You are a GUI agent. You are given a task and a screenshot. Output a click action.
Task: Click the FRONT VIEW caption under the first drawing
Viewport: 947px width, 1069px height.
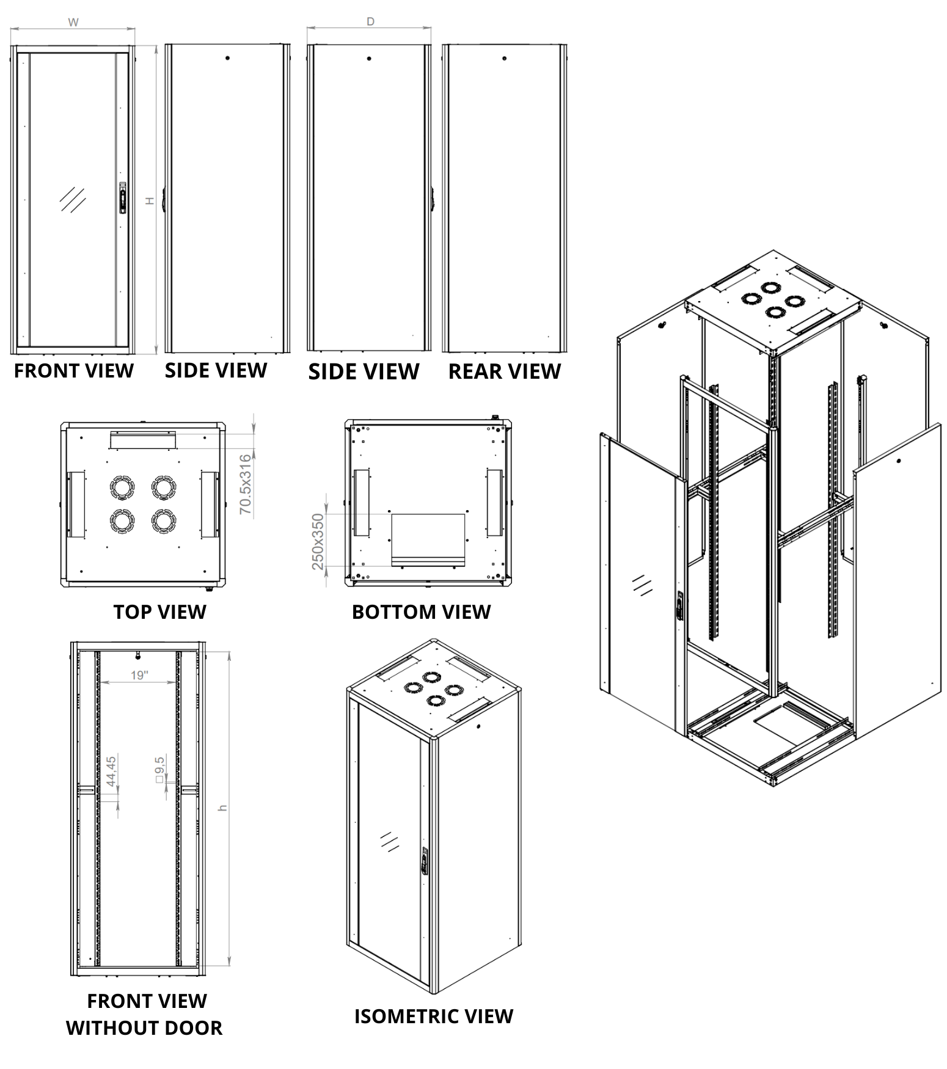tap(73, 371)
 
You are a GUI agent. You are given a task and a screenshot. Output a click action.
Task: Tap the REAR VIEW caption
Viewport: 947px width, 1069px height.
tap(504, 371)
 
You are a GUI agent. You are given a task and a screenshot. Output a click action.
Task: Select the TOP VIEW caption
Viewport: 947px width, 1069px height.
tap(160, 611)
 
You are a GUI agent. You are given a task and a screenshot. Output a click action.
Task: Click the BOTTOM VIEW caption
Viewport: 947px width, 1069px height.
tap(421, 611)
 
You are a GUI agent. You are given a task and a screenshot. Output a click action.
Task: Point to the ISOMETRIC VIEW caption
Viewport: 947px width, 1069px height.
tap(434, 1016)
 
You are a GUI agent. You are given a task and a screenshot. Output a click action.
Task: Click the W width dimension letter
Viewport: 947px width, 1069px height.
tap(73, 23)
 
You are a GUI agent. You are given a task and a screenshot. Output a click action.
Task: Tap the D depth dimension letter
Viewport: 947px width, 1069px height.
tap(370, 22)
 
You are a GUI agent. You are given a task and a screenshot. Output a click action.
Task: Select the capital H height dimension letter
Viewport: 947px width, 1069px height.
tap(150, 200)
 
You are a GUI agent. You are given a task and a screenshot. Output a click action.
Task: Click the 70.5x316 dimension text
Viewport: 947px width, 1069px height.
tap(245, 484)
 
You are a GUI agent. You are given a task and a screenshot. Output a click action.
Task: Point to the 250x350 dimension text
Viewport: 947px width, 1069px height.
tap(318, 541)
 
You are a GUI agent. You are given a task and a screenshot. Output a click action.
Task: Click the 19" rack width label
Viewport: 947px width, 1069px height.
tap(139, 675)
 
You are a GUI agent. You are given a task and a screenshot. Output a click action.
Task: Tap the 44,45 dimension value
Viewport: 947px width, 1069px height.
tap(111, 771)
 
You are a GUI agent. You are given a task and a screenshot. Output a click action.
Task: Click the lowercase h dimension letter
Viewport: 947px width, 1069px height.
tap(223, 808)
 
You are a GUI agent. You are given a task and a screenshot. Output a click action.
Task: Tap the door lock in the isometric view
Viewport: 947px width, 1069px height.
tap(424, 863)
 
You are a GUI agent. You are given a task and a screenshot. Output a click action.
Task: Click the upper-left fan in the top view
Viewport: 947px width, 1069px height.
tap(122, 487)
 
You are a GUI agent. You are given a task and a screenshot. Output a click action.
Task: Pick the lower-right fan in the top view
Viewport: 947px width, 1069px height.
tap(164, 520)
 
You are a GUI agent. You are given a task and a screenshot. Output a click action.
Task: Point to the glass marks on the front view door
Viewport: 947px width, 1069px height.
tap(73, 199)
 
